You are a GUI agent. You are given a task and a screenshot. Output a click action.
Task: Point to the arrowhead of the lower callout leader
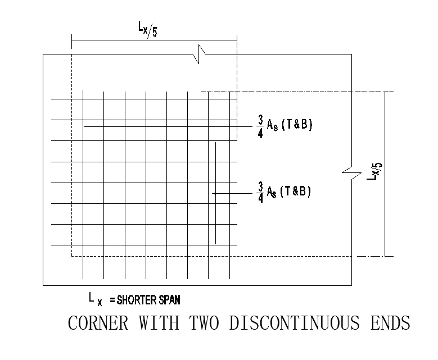[x=215, y=193]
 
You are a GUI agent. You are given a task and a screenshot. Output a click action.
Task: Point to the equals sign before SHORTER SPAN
[x=113, y=300]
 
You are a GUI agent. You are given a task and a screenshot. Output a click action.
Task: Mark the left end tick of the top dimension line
[x=72, y=40]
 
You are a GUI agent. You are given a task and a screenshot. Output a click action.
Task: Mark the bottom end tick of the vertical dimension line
[x=385, y=256]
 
